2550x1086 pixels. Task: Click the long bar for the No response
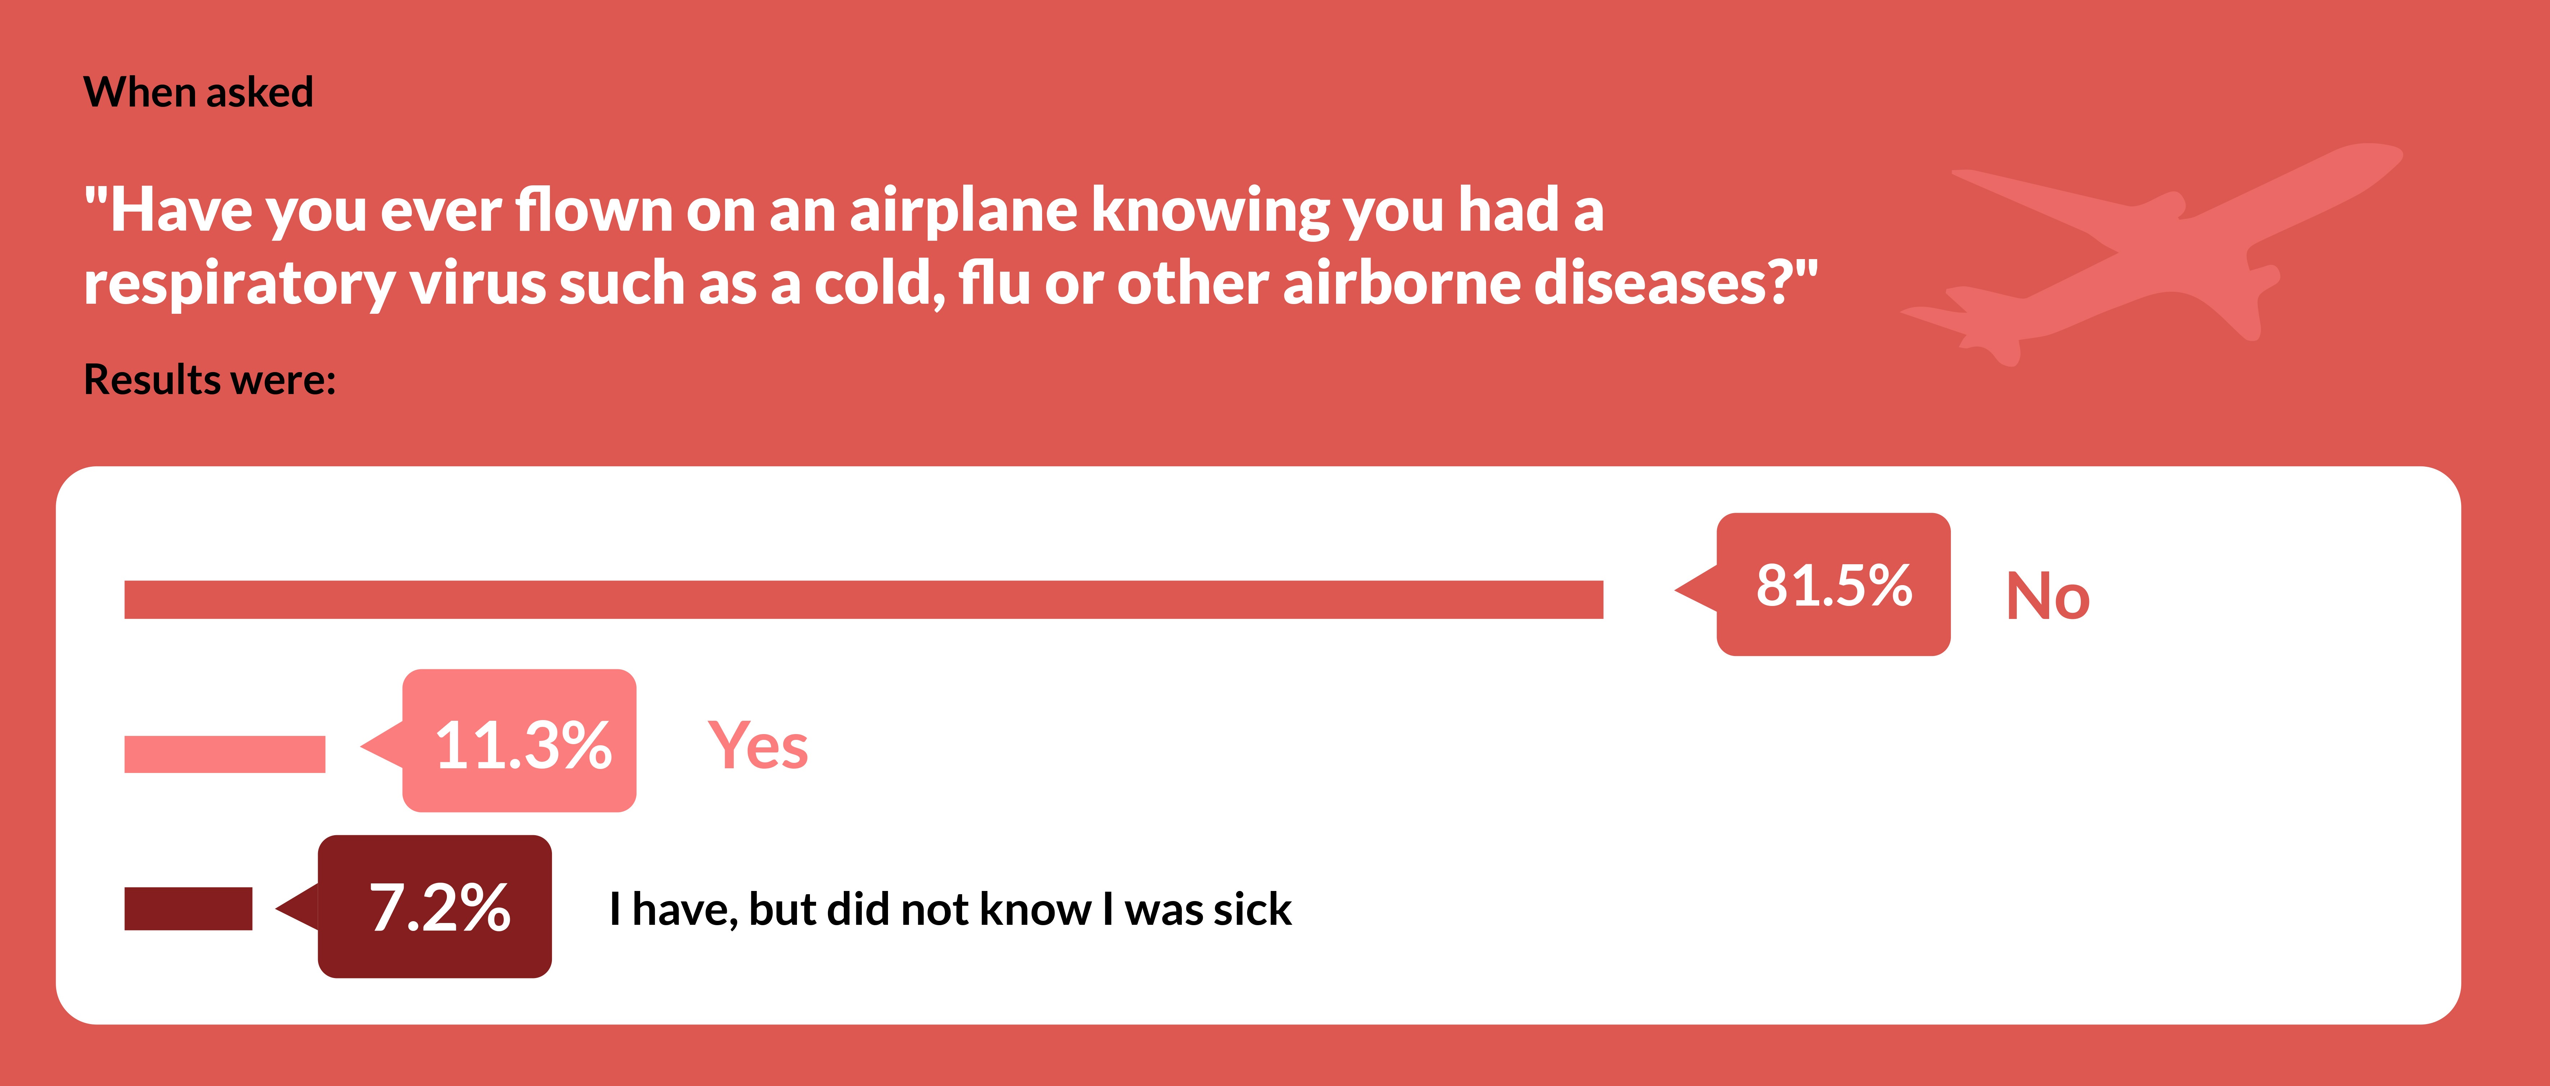pos(863,600)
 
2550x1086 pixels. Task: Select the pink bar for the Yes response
pos(225,754)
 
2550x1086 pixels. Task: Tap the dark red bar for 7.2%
pos(188,909)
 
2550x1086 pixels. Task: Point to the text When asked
pos(198,92)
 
